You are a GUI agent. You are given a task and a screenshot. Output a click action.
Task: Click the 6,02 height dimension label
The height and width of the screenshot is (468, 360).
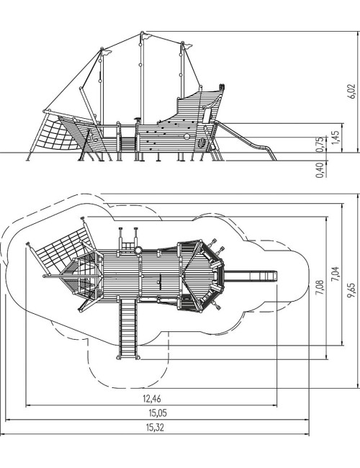click(352, 91)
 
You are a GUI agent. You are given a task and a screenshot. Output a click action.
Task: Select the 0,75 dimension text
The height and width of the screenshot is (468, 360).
click(320, 144)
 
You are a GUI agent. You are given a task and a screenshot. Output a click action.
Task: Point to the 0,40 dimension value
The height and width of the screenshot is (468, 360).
click(320, 170)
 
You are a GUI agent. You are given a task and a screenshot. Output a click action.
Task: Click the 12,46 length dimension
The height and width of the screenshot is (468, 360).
click(152, 398)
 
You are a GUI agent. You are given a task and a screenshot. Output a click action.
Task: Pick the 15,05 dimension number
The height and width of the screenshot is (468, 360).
click(158, 413)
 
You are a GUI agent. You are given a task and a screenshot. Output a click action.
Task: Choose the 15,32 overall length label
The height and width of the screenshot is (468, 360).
click(155, 428)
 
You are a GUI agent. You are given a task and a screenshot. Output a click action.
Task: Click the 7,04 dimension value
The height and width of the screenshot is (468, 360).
click(336, 274)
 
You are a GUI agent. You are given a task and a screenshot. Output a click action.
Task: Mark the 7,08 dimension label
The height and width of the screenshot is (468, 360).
click(320, 287)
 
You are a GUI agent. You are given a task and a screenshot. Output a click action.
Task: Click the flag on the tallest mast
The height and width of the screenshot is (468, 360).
click(147, 37)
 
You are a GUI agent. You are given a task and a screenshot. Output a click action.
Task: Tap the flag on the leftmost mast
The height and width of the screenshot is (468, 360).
click(107, 53)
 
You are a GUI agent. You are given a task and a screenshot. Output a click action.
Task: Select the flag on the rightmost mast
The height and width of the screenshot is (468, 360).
click(187, 46)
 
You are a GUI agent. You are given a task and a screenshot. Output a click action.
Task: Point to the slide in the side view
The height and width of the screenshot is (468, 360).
click(246, 140)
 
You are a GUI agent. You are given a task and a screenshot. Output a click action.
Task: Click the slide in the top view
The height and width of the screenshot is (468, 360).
click(251, 276)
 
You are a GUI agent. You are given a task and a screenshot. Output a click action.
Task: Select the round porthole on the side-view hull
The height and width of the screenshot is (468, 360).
click(186, 136)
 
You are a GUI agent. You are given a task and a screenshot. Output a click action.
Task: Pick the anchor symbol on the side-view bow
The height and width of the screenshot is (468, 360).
click(93, 138)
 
